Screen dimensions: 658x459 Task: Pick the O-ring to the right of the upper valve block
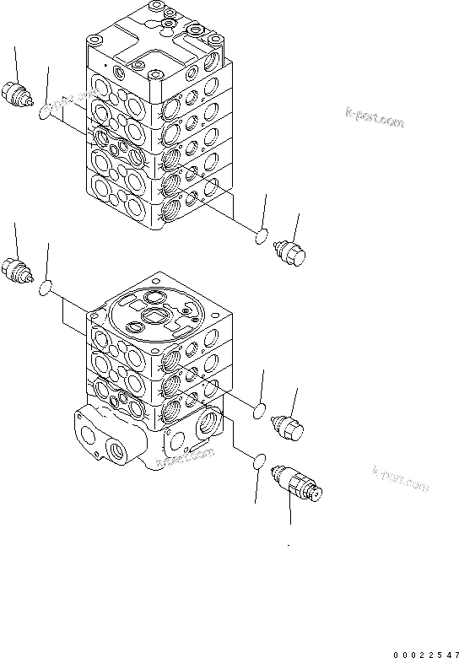(x=262, y=237)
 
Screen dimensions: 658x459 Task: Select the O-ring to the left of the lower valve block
(x=46, y=289)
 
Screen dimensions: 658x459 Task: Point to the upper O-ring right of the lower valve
(x=262, y=412)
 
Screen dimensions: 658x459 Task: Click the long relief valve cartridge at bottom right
(x=297, y=488)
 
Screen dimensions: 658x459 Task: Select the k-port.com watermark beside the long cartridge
(x=399, y=479)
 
